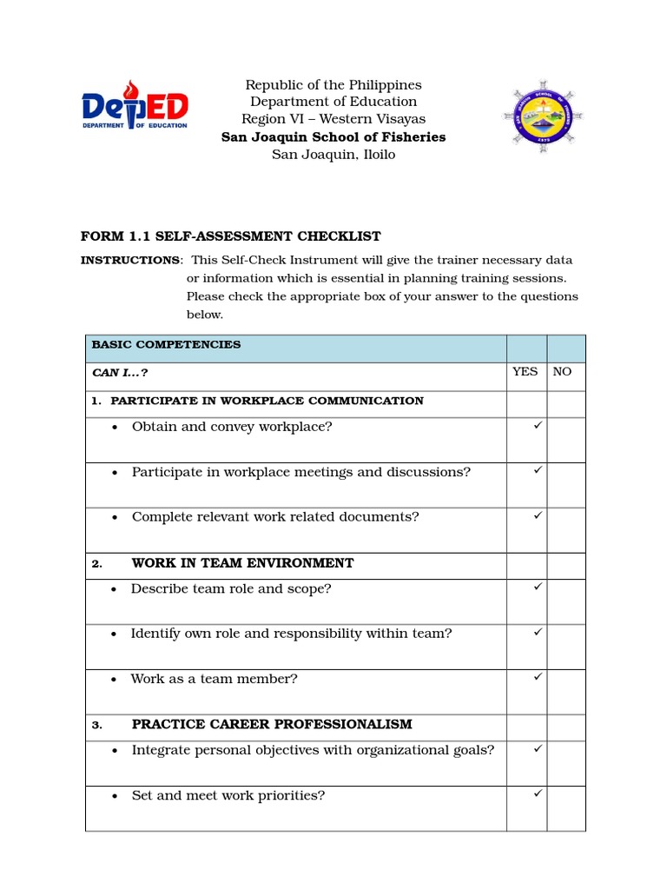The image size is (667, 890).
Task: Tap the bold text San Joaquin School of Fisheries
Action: pos(333,136)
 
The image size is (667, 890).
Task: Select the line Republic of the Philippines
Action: pos(333,84)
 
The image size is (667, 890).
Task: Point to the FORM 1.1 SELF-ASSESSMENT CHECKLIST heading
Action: pos(230,236)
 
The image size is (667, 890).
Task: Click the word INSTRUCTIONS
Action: pos(130,260)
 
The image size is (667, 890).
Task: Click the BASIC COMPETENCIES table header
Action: pos(166,345)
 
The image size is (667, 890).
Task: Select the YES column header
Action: pos(525,372)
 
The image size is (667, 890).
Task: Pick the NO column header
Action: pos(563,372)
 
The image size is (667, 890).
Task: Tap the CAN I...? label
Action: pos(120,372)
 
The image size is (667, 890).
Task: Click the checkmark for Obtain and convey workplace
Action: pos(538,425)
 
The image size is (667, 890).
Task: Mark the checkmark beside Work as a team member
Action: pos(538,676)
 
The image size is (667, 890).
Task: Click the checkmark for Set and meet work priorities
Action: pos(538,793)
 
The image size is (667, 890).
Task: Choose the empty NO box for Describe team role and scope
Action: pos(566,601)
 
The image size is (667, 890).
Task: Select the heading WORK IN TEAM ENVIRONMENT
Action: pos(242,563)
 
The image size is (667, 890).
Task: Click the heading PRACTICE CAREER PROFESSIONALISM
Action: pos(272,724)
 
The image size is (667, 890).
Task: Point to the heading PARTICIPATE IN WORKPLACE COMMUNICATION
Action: pos(267,401)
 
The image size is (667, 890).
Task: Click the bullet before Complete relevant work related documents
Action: pos(116,518)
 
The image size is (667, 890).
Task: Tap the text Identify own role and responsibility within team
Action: pos(291,634)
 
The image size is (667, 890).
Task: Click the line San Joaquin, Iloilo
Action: pos(333,154)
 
